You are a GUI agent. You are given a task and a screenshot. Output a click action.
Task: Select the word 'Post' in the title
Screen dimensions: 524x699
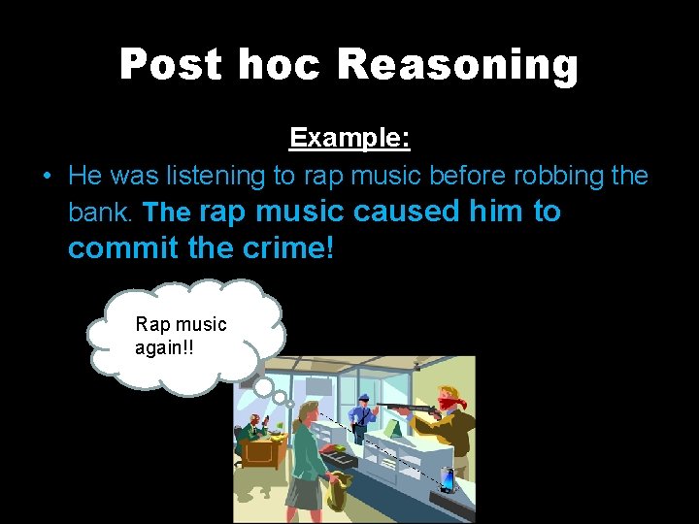tap(169, 65)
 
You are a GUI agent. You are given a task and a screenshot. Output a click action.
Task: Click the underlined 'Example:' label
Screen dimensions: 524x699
tap(349, 138)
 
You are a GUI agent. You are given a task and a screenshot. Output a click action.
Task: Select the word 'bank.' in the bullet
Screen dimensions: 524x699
tap(103, 212)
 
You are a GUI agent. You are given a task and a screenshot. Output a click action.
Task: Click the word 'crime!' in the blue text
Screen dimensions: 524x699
tap(287, 247)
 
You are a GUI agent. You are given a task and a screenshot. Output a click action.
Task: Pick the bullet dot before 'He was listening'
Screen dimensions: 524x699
tap(47, 177)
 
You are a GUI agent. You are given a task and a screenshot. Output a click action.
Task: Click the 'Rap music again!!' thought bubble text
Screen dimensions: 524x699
tap(181, 335)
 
